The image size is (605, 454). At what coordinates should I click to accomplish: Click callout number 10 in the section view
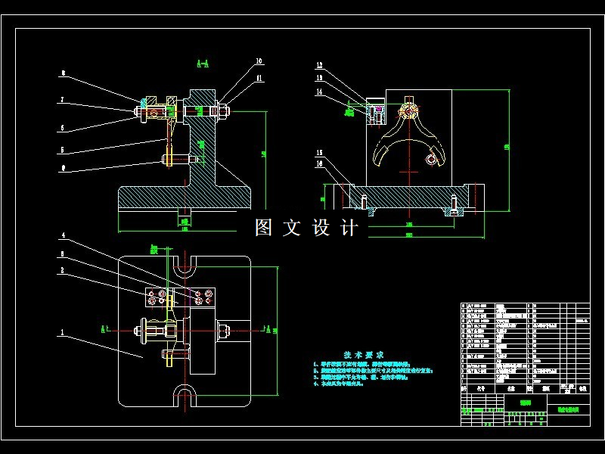[x=259, y=61]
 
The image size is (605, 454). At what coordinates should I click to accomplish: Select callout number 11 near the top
[x=259, y=77]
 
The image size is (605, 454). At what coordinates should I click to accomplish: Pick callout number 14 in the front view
[x=319, y=91]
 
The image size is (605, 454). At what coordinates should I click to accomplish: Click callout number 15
[x=319, y=152]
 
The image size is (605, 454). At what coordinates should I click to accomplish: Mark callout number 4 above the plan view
[x=64, y=235]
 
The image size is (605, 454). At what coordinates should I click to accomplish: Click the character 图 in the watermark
[x=263, y=228]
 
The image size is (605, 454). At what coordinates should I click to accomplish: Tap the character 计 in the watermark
[x=349, y=228]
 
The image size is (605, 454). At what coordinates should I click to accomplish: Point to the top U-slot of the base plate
[x=184, y=268]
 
